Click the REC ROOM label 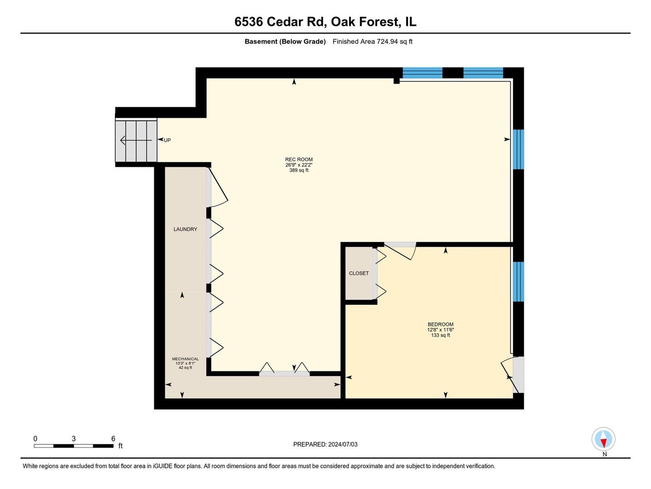299,159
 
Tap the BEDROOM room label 440,324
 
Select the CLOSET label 359,273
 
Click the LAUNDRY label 185,229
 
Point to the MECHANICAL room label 185,359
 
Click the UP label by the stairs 167,140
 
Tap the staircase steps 136,140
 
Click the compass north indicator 603,440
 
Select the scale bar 73,446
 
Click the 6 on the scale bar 113,439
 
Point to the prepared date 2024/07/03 325,445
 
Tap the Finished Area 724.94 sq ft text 372,42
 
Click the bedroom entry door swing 400,251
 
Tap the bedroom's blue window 518,282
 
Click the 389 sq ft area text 299,171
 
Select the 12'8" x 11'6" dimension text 440,330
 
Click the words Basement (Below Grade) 285,42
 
